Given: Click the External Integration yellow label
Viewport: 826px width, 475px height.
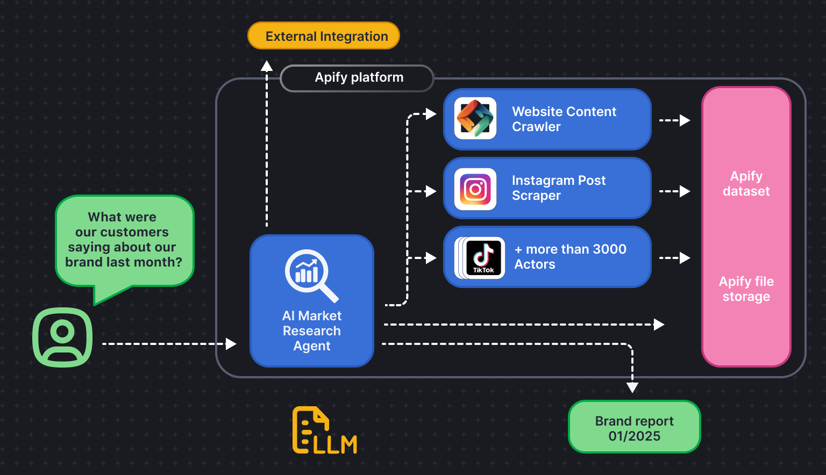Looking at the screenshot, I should click(x=324, y=36).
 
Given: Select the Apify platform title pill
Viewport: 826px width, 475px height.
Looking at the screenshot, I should click(x=358, y=78).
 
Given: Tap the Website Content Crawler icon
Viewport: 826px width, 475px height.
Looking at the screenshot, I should click(x=475, y=119).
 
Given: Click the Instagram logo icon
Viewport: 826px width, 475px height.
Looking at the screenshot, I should click(x=475, y=189).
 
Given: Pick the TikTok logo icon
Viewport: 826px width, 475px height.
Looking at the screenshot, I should click(x=483, y=257).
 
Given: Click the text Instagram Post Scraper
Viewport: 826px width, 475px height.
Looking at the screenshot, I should click(x=558, y=188).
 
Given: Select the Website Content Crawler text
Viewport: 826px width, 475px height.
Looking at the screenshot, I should click(x=564, y=119).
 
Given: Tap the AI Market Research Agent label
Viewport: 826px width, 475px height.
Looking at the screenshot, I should click(x=312, y=331).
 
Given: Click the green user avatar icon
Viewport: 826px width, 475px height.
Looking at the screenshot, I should click(x=62, y=337).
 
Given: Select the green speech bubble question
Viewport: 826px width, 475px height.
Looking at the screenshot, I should click(x=124, y=240).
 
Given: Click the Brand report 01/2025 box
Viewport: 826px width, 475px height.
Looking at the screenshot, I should click(x=634, y=428).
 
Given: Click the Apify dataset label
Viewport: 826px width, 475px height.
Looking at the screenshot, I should click(x=746, y=184).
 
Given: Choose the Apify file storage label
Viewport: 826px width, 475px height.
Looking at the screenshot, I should click(x=746, y=289).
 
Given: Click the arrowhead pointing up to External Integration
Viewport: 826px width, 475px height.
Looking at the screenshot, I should click(x=267, y=66).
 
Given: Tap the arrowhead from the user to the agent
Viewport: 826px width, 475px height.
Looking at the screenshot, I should click(x=231, y=344).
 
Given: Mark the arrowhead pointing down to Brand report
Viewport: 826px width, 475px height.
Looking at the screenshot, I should click(x=632, y=387).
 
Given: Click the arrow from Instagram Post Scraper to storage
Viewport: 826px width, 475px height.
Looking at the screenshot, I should click(x=675, y=191).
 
